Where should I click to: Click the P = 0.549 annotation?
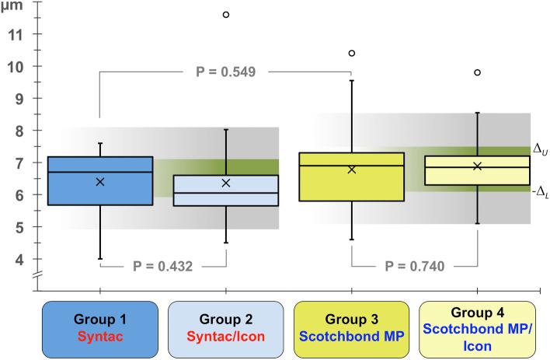click(x=229, y=72)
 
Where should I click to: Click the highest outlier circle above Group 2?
click(x=226, y=15)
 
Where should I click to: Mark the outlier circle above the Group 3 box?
click(x=352, y=53)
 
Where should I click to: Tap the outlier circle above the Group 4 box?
click(x=478, y=72)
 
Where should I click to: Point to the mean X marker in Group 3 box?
click(x=352, y=169)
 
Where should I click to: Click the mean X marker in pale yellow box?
click(x=478, y=166)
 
